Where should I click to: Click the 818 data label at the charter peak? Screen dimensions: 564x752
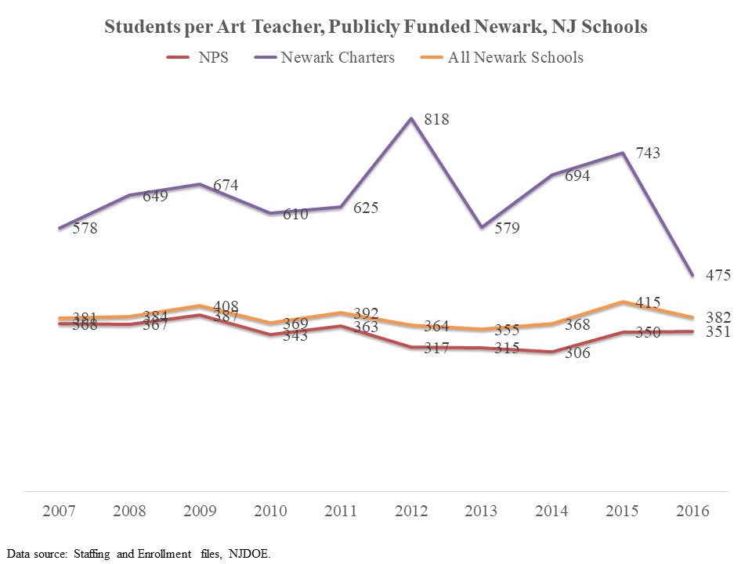point(437,119)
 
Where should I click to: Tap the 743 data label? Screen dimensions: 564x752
point(648,154)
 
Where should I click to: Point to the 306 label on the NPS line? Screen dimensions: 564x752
point(578,353)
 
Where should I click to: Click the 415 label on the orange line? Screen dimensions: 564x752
point(648,302)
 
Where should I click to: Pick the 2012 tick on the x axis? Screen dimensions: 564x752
point(411,512)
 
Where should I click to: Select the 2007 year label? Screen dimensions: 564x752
point(59,512)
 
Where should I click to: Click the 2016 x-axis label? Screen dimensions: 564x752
point(692,512)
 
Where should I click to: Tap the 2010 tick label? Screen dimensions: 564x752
point(270,512)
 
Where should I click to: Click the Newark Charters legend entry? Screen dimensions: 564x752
point(338,57)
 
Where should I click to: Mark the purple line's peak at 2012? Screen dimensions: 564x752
point(411,118)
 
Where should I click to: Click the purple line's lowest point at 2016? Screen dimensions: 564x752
point(692,275)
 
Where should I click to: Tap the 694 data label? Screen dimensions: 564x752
point(577,176)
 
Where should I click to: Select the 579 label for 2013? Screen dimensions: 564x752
point(507,229)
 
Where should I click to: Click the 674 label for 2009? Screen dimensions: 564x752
point(226,186)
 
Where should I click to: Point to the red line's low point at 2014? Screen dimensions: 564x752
point(552,352)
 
